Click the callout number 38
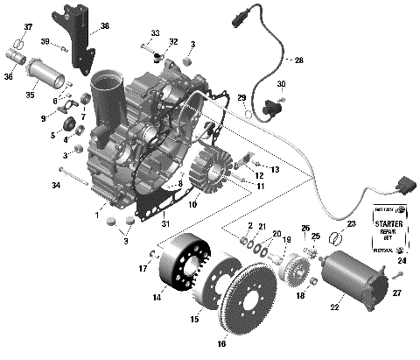click(105, 25)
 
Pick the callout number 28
click(298, 60)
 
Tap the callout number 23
click(353, 225)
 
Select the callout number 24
click(402, 260)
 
